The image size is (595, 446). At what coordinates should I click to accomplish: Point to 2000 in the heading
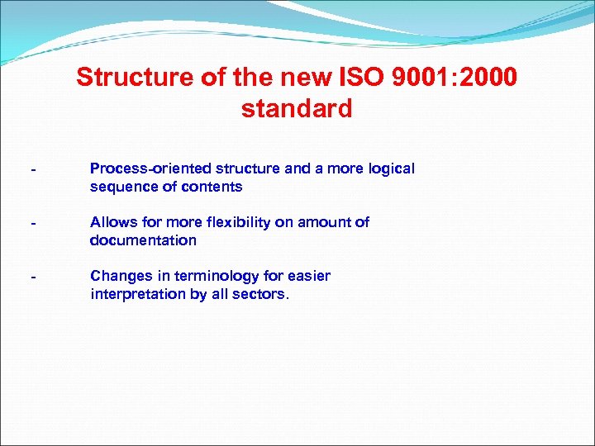click(488, 78)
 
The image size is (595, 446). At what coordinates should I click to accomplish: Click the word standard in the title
click(297, 109)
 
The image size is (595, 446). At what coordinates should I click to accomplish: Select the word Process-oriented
click(143, 168)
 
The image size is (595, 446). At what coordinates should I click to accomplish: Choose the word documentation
click(143, 240)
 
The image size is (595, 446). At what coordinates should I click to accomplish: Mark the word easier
click(307, 276)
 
